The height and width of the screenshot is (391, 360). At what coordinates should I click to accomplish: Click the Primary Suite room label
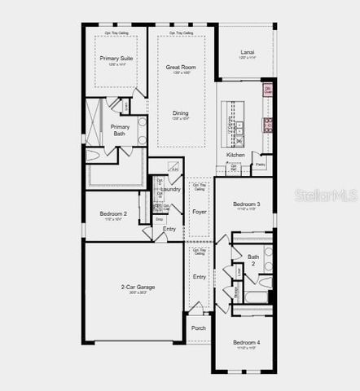116,59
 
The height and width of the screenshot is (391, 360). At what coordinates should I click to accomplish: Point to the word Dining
180,113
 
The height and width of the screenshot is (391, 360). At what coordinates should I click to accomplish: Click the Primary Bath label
120,130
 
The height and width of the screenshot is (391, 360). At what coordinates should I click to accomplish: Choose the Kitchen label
235,155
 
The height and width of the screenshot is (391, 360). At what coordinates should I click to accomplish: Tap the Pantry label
260,165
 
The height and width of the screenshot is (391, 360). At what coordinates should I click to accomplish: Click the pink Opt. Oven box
267,90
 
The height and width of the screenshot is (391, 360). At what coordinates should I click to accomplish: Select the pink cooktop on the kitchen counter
266,124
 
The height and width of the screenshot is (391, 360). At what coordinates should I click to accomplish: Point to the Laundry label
171,189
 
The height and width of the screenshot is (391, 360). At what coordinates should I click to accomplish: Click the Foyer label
199,212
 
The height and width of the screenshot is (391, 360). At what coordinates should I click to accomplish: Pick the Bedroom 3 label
247,204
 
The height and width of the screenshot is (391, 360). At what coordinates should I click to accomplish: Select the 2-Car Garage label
138,287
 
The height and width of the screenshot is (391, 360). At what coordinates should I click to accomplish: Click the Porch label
199,328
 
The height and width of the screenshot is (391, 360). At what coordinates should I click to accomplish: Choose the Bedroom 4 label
247,342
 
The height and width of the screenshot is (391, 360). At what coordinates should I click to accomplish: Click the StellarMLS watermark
325,196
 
